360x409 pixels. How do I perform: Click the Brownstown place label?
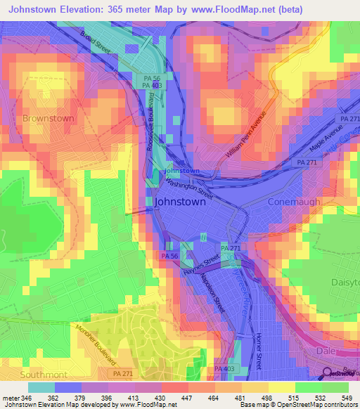coord(48,118)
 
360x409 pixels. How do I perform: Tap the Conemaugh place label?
coord(294,202)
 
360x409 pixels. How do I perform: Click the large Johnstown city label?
coord(180,201)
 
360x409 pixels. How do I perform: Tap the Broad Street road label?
coord(95,43)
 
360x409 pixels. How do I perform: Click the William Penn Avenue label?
coord(247,135)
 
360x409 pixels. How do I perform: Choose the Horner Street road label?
coord(259,349)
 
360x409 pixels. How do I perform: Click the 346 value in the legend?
coord(27,397)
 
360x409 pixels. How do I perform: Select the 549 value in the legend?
coord(347,397)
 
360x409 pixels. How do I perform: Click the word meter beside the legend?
coord(11,397)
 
